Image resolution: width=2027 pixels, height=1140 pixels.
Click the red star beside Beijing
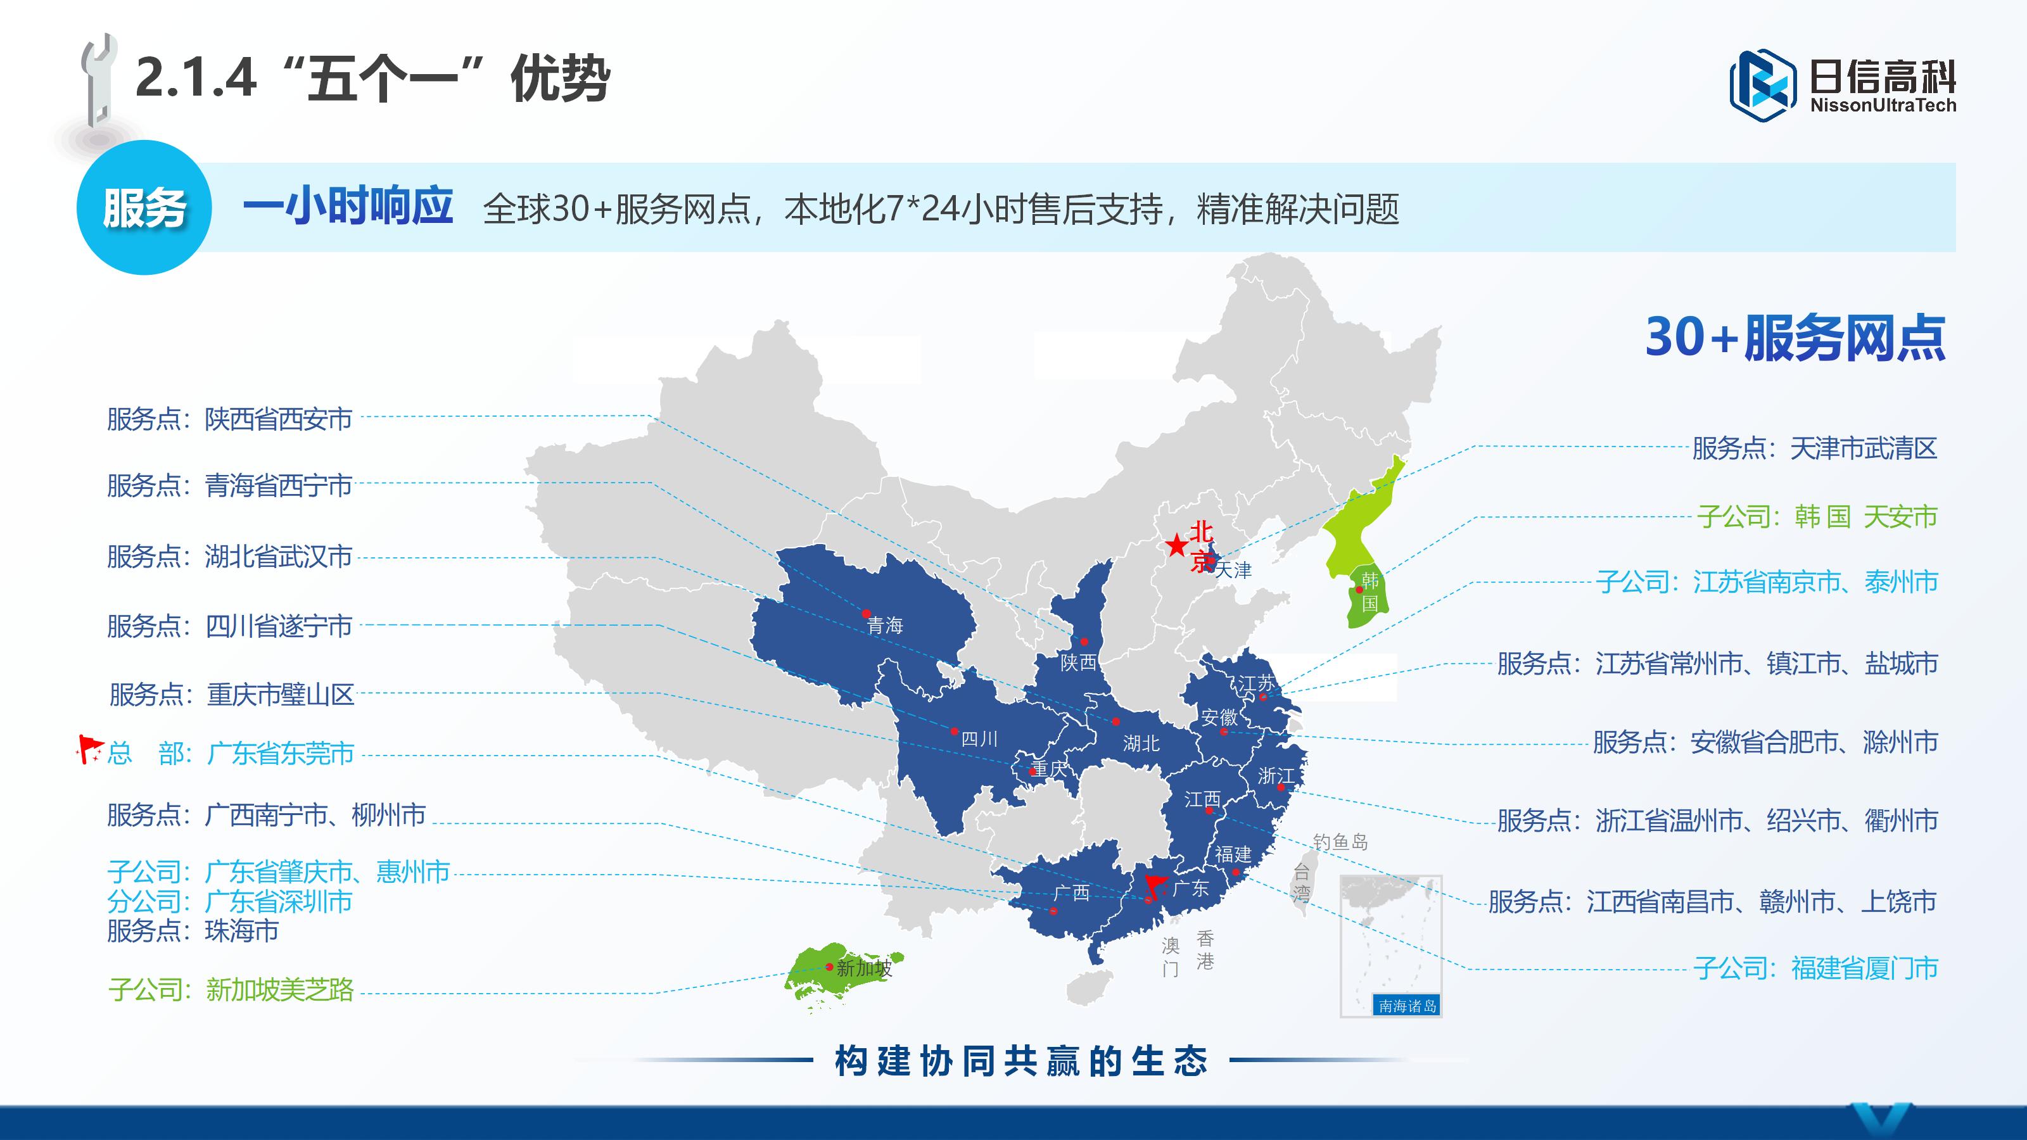point(1176,545)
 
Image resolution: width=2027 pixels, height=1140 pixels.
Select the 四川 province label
point(980,738)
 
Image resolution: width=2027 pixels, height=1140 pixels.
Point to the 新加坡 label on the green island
point(864,968)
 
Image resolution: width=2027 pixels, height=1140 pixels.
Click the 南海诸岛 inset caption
point(1407,1006)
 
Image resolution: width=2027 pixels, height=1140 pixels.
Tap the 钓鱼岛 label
point(1340,842)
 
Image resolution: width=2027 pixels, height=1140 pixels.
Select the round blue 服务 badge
point(144,208)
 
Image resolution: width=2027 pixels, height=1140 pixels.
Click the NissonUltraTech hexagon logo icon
point(1763,85)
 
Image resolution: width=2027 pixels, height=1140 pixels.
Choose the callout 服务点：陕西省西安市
point(230,419)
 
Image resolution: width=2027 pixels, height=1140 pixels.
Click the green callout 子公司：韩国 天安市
point(1817,517)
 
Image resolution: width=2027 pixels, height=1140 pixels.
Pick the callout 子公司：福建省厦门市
point(1815,968)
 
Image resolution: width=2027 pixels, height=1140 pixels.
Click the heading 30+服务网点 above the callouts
point(1795,338)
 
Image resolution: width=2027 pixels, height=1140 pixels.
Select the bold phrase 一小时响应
point(348,207)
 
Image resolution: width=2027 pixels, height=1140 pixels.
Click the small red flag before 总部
point(89,748)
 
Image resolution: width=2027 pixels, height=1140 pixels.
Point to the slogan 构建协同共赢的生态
point(1020,1061)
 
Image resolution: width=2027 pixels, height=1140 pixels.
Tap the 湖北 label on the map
point(1141,744)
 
